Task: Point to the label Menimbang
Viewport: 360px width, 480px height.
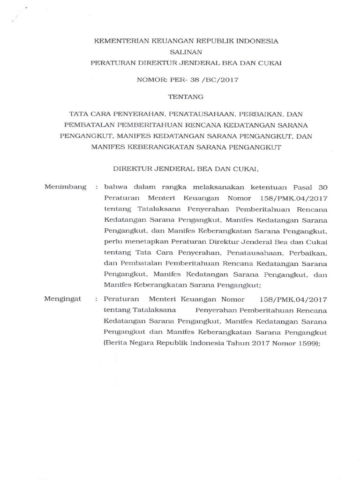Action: (x=65, y=187)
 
